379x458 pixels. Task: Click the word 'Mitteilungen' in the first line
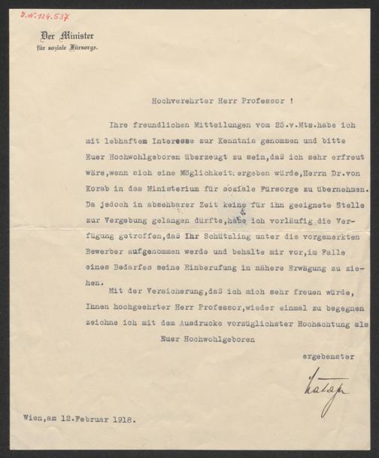[188, 124]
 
